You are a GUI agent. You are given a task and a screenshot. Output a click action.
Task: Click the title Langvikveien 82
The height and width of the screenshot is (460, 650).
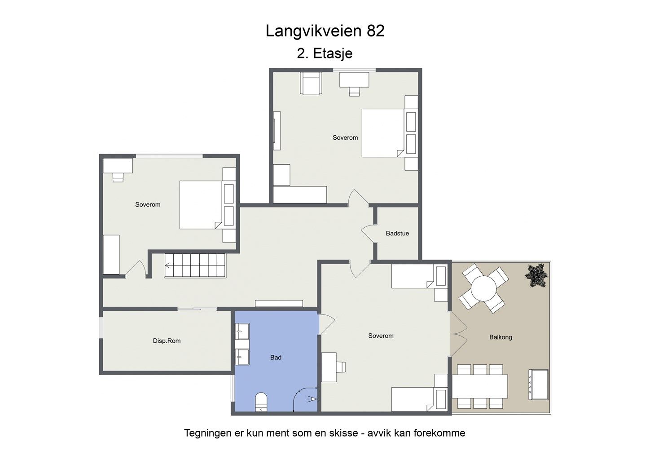[x=325, y=31]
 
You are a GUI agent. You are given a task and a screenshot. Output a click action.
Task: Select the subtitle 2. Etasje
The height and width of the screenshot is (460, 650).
[x=325, y=53]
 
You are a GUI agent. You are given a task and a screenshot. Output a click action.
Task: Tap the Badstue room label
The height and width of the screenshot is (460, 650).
[x=397, y=234]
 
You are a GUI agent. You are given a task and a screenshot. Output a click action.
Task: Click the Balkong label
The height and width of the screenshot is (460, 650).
[x=501, y=337]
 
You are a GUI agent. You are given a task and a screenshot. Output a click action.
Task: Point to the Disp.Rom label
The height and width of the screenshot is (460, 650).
[x=167, y=341]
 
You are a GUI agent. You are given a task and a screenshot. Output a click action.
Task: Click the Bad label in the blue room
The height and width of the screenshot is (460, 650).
[x=276, y=358]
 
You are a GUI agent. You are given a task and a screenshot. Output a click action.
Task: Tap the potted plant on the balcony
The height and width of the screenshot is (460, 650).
[x=537, y=275]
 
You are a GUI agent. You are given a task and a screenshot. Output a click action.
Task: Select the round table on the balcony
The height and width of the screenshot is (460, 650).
[x=483, y=288]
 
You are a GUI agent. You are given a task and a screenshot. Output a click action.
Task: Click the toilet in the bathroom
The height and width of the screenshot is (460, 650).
[x=261, y=402]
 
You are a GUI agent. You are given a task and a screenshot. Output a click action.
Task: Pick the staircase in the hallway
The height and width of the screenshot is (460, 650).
[x=195, y=265]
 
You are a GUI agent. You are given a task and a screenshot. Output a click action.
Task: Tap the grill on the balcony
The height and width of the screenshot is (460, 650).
[x=538, y=384]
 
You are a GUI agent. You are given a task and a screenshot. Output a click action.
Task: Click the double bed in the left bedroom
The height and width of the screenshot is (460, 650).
[x=201, y=205]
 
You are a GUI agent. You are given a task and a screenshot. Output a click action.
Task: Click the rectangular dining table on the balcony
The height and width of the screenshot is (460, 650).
[x=479, y=386]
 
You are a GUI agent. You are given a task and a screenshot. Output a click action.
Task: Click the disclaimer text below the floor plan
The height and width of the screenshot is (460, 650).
[x=325, y=433]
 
